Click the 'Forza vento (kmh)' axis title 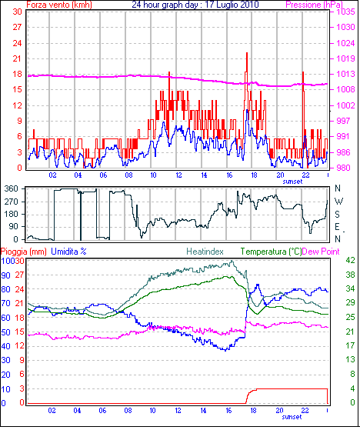click(x=59, y=5)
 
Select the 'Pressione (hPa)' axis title click(x=314, y=5)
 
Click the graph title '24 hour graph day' click(x=165, y=5)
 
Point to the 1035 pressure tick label click(x=346, y=12)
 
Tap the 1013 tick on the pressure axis click(x=346, y=74)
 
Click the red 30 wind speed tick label click(x=17, y=12)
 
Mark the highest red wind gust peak click(x=247, y=53)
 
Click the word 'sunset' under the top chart click(x=292, y=182)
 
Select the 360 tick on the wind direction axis click(x=12, y=188)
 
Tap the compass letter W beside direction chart click(x=339, y=202)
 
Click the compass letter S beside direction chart click(x=338, y=214)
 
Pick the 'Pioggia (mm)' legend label click(x=24, y=252)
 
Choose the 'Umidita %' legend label click(x=68, y=252)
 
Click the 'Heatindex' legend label click(x=205, y=252)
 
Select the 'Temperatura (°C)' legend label click(x=271, y=252)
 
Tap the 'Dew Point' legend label click(x=321, y=252)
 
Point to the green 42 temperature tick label click(x=351, y=260)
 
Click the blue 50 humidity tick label click(x=5, y=332)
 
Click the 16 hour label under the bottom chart click(x=228, y=411)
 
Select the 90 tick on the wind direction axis click(x=13, y=227)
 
